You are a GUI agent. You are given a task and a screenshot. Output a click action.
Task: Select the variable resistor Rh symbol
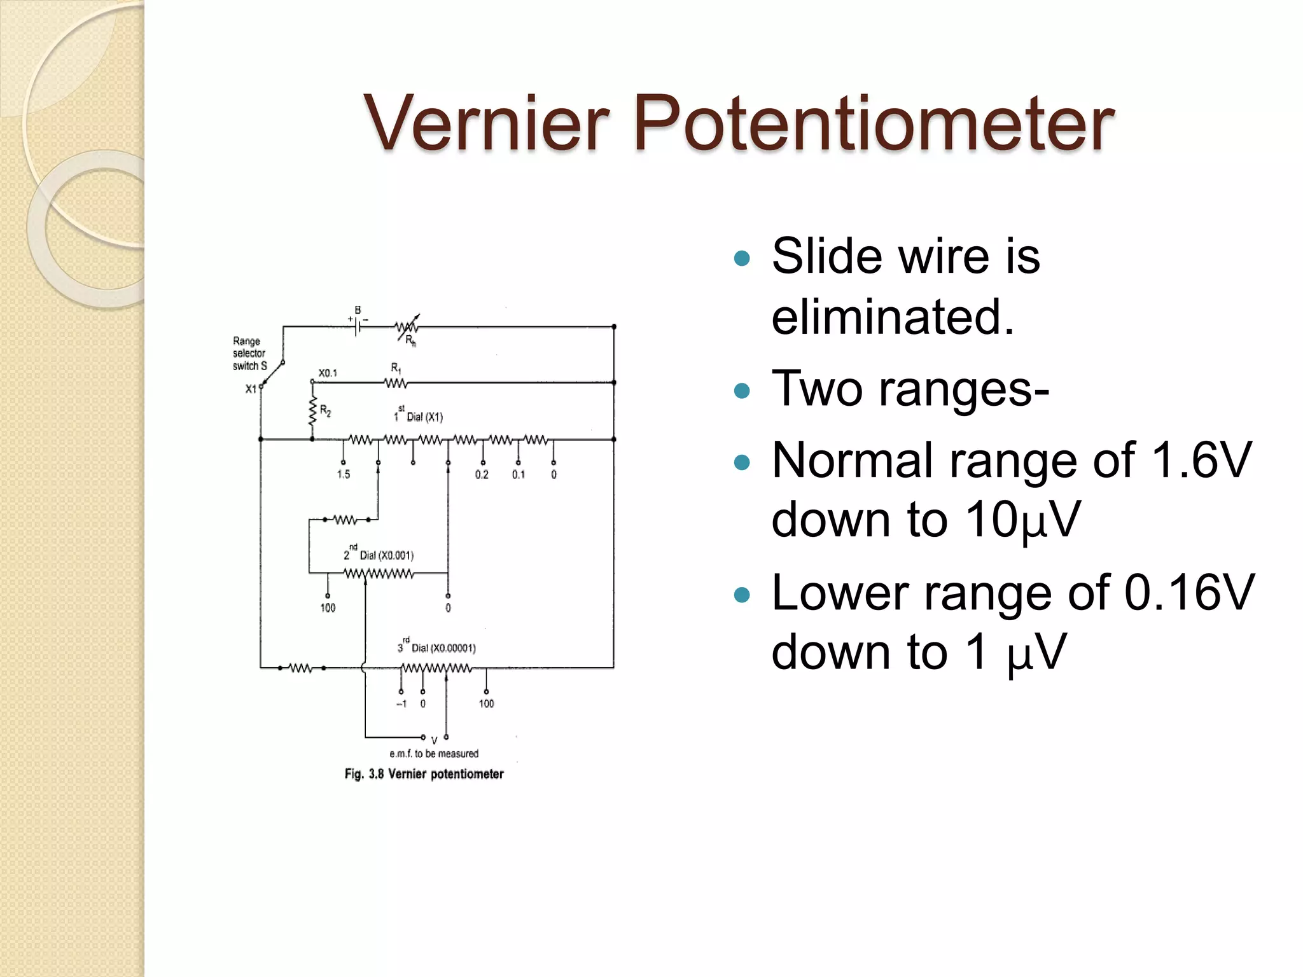(x=407, y=328)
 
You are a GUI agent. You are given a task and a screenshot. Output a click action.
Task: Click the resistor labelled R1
(x=396, y=383)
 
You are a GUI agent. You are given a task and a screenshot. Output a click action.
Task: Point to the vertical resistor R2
(x=312, y=412)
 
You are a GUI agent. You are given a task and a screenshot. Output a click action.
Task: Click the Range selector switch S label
(x=249, y=354)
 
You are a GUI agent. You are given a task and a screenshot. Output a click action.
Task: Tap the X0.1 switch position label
(x=328, y=373)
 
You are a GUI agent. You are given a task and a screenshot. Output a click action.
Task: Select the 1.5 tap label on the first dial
(x=344, y=475)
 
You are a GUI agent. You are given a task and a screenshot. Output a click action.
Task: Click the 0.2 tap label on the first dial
(x=482, y=475)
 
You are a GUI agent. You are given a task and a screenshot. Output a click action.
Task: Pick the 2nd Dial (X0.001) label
(x=379, y=555)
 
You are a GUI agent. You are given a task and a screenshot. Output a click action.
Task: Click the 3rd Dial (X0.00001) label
(x=437, y=648)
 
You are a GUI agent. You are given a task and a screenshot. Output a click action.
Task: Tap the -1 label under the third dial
(x=401, y=703)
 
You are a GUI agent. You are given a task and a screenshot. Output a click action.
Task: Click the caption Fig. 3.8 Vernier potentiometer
(x=424, y=774)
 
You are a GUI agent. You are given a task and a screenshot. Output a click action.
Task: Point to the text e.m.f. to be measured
(x=434, y=754)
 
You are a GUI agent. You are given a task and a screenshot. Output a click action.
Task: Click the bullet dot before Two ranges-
(x=742, y=390)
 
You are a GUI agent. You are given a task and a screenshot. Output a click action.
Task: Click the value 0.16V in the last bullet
(x=1189, y=592)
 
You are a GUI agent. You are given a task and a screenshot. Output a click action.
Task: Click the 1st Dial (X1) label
(x=418, y=416)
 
